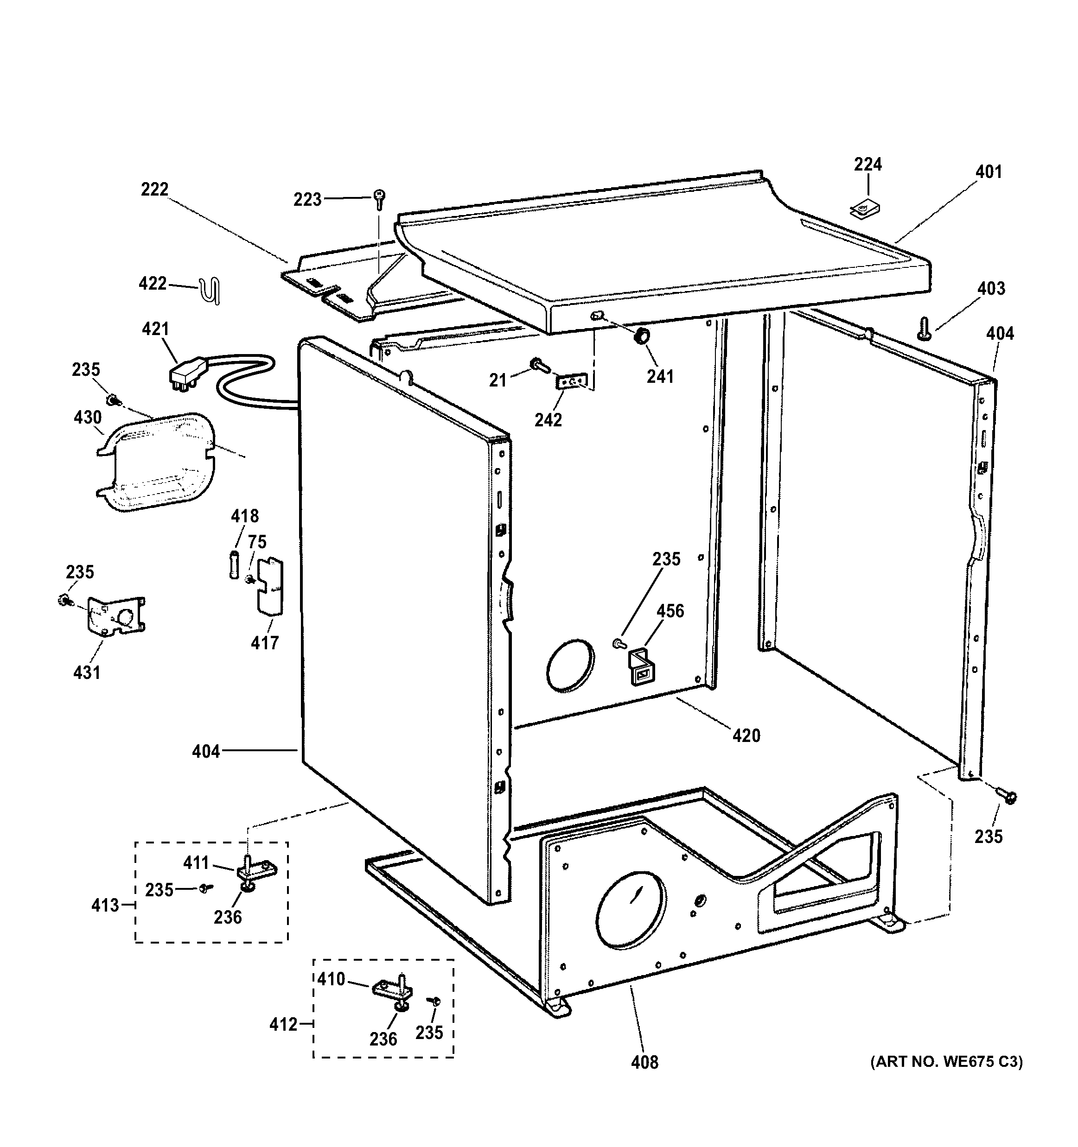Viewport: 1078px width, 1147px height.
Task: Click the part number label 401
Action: click(989, 172)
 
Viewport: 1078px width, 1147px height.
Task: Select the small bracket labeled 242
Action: click(572, 382)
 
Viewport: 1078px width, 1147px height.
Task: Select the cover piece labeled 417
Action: click(270, 586)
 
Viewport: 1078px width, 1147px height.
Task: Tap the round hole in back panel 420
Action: click(569, 665)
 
